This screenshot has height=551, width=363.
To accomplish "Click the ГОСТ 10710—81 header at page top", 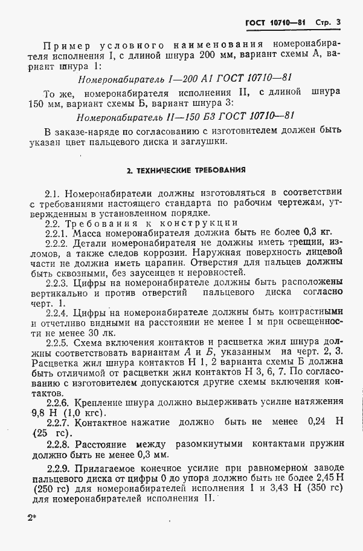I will click(275, 23).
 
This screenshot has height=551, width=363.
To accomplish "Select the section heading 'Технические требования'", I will click(185, 171).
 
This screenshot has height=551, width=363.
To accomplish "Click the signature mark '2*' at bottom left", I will click(31, 519).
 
